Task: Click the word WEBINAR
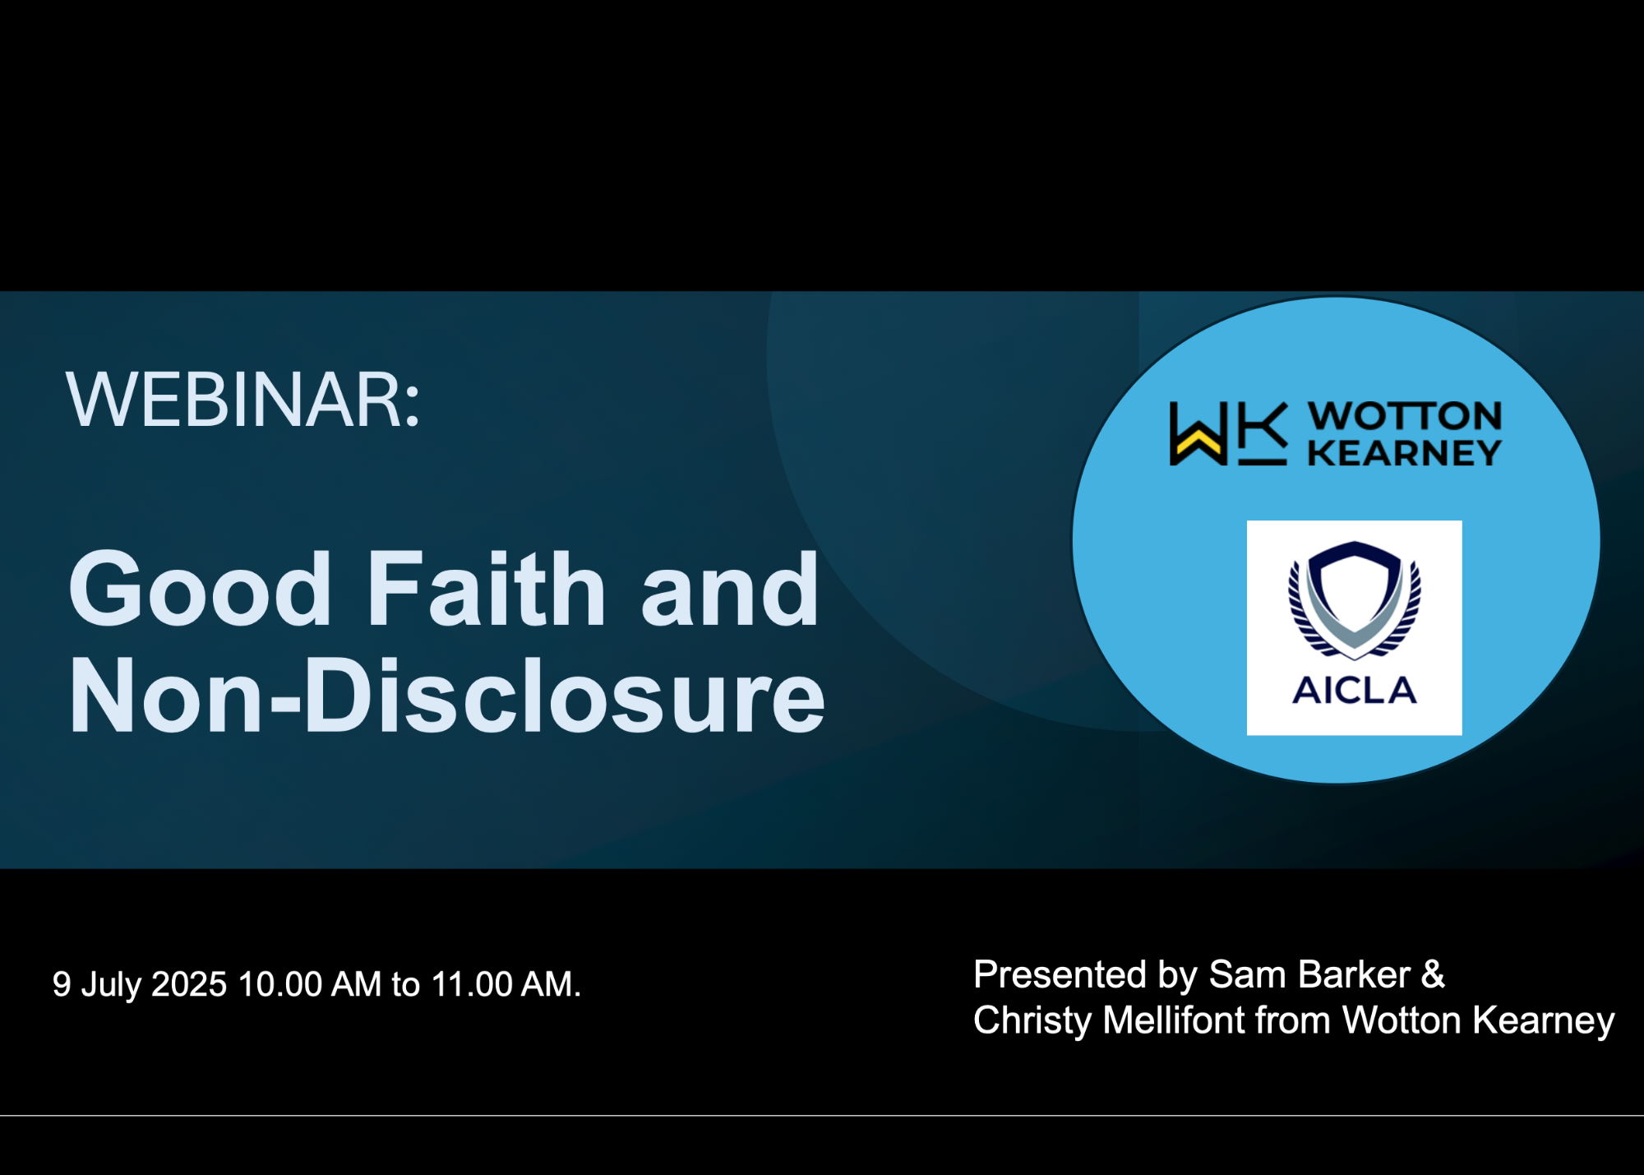coord(242,400)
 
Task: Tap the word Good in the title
coord(201,590)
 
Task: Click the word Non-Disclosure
coord(447,696)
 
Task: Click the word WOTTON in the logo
coord(1406,416)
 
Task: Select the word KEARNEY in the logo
coord(1405,453)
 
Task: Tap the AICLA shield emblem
coord(1355,600)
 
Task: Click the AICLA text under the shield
coord(1355,691)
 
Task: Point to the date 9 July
coord(98,985)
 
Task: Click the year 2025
coord(189,984)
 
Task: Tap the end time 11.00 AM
coord(506,984)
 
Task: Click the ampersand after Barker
coord(1433,975)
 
